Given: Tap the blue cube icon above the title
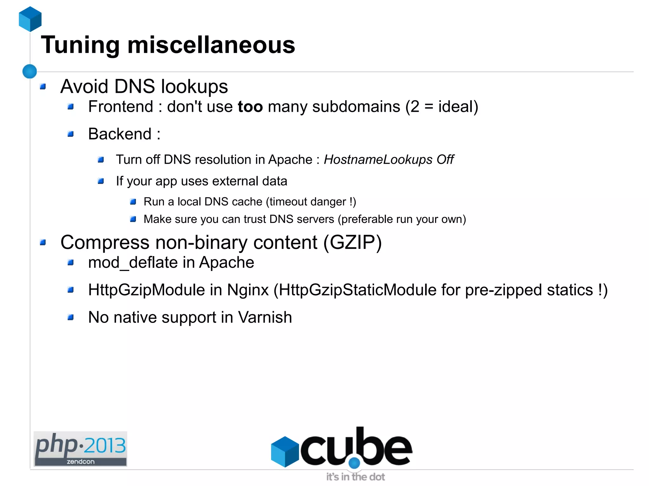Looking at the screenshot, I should [x=30, y=19].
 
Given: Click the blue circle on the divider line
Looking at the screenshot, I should [x=30, y=71].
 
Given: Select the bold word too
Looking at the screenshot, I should [x=250, y=107].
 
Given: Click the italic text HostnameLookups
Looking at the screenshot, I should [x=378, y=160].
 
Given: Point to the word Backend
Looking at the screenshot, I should [x=120, y=134].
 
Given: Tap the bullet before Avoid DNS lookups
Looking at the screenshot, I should [x=43, y=87].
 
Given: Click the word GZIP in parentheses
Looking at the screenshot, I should [x=352, y=243].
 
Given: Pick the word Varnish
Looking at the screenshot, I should [x=265, y=317].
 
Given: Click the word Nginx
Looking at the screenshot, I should [x=248, y=290].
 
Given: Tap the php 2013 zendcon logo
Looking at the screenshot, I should [x=80, y=449].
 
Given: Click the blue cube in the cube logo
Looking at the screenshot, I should [x=285, y=451].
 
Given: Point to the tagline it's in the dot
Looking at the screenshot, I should [x=355, y=477].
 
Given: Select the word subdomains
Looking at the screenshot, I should [x=356, y=107].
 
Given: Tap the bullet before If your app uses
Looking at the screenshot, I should [x=101, y=181].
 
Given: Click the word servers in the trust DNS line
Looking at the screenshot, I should [x=315, y=219].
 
